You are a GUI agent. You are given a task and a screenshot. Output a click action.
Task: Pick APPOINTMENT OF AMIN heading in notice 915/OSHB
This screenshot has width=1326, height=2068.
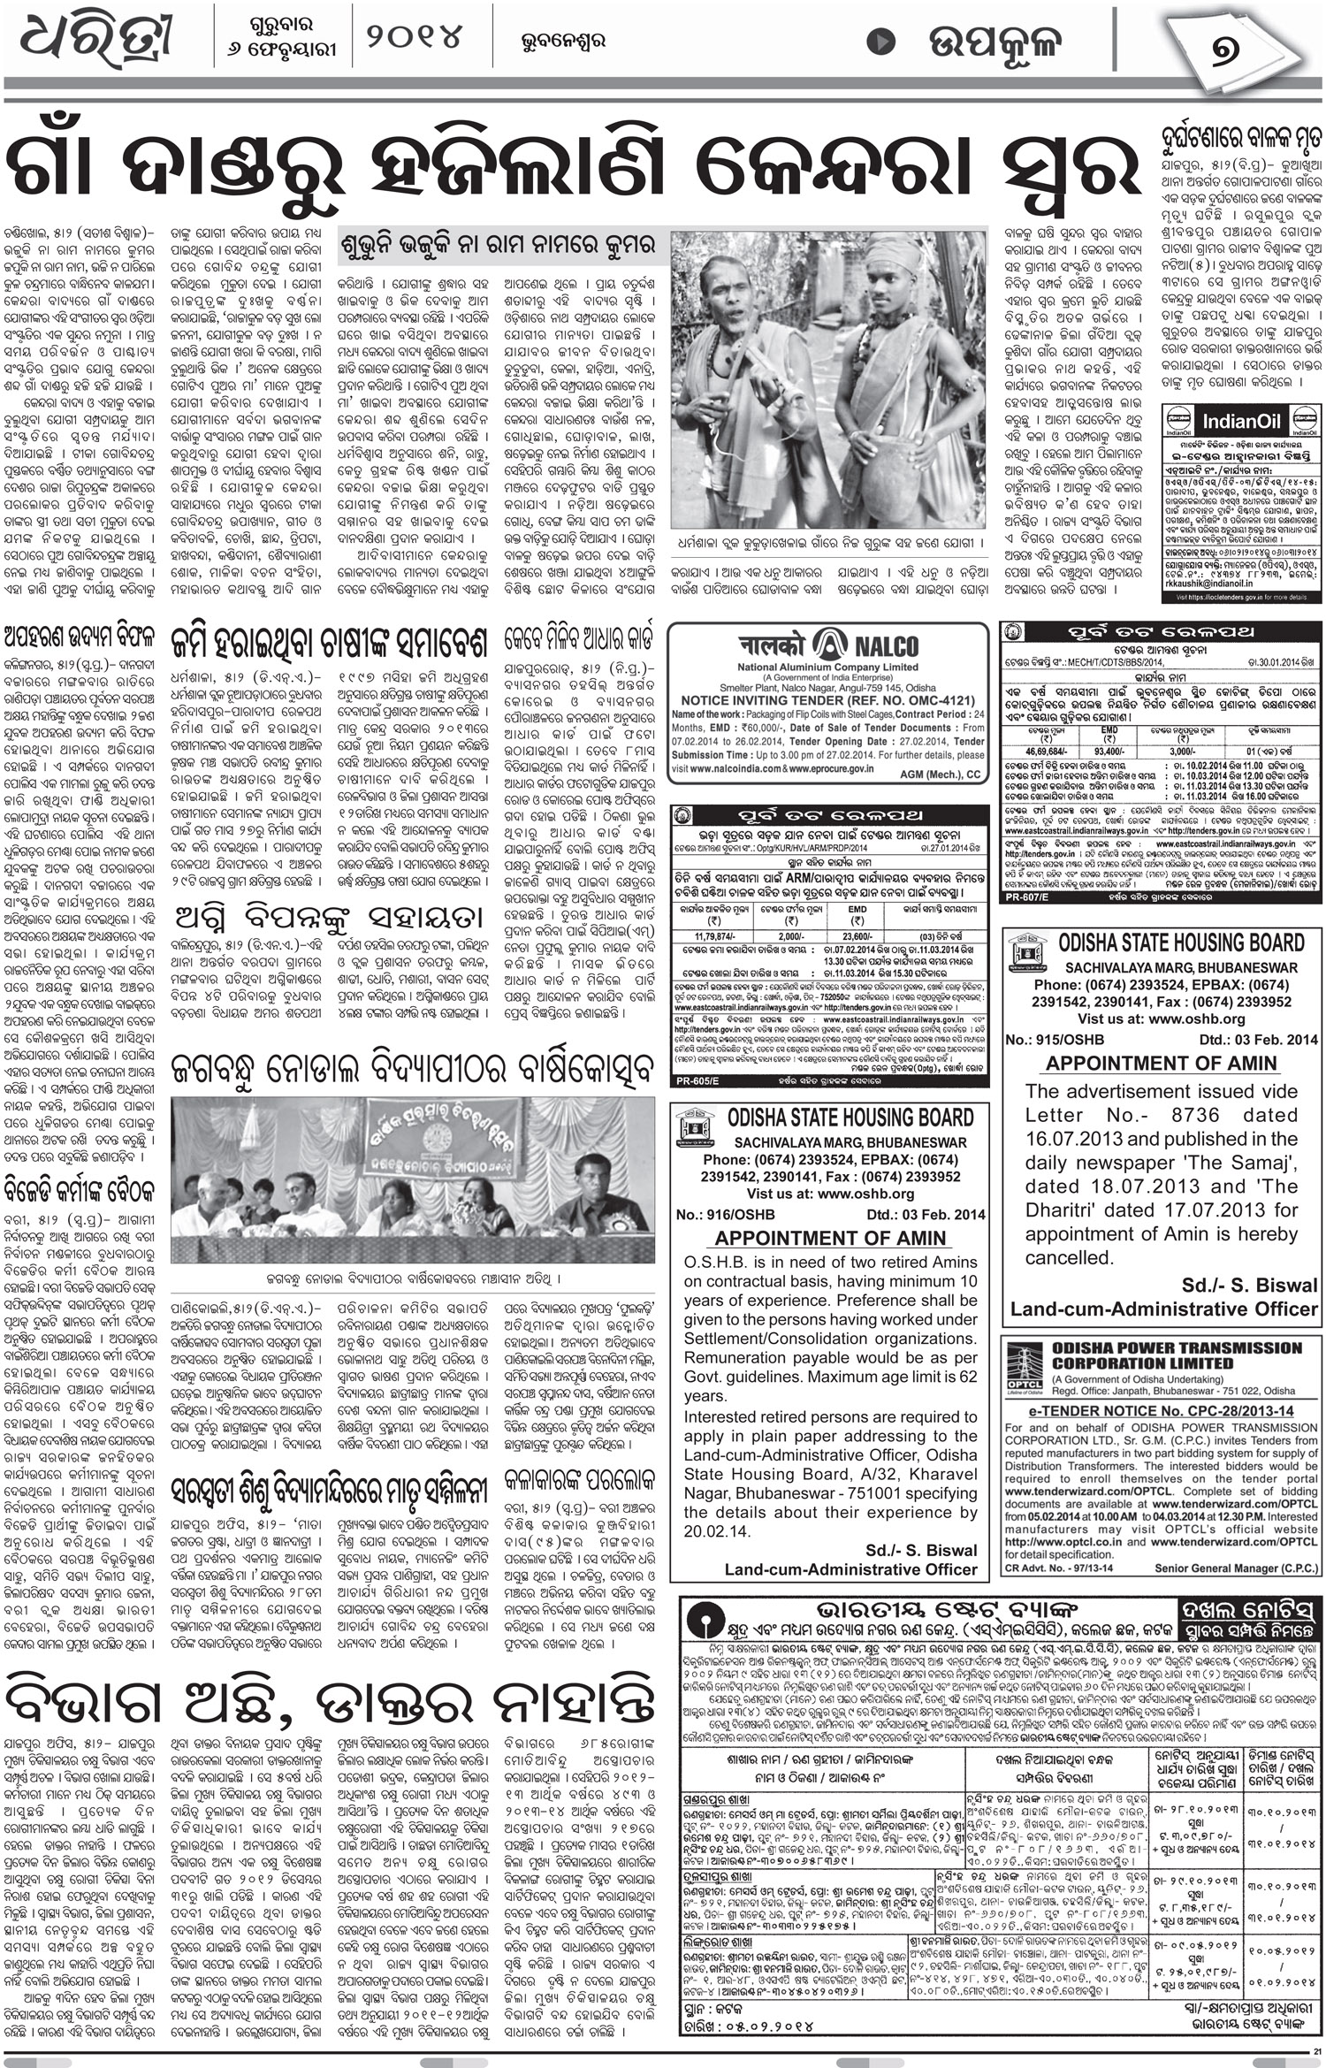(x=1162, y=1063)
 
